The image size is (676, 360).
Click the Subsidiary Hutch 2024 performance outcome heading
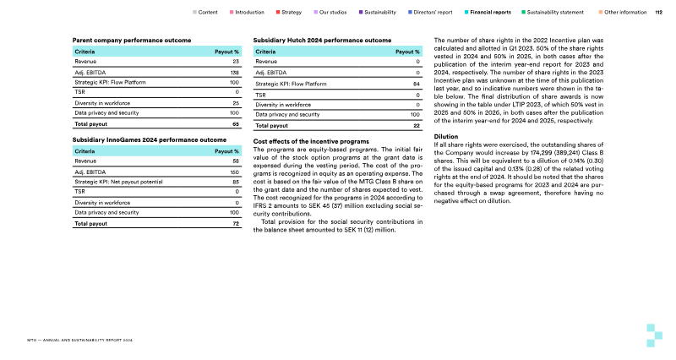(x=322, y=41)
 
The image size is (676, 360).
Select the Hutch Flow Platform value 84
(x=417, y=85)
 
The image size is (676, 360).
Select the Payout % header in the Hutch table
(x=408, y=52)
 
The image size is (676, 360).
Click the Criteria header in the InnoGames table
(x=85, y=150)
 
